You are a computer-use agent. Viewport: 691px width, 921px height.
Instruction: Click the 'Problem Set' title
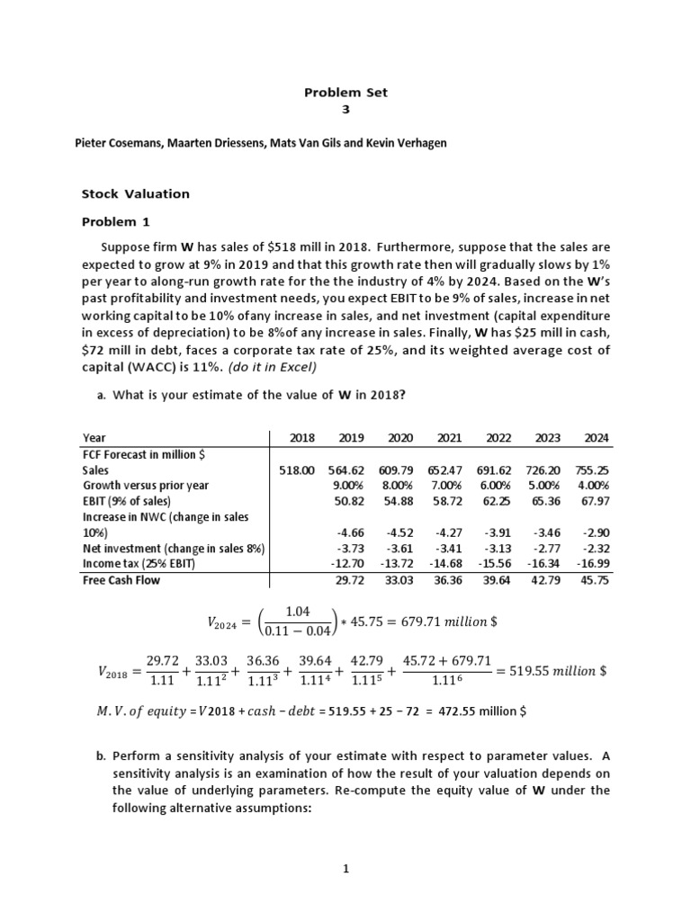coord(345,93)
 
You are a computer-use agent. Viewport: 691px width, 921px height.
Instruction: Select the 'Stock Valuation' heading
coord(136,193)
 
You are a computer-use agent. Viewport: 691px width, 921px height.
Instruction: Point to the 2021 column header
coord(449,438)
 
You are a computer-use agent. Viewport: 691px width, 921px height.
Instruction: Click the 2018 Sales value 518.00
coord(298,469)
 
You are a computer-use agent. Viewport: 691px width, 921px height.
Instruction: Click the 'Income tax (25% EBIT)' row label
coord(144,563)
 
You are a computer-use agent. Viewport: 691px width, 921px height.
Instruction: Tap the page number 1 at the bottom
coord(345,868)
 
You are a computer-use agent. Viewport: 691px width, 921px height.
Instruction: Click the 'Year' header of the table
coord(94,438)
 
